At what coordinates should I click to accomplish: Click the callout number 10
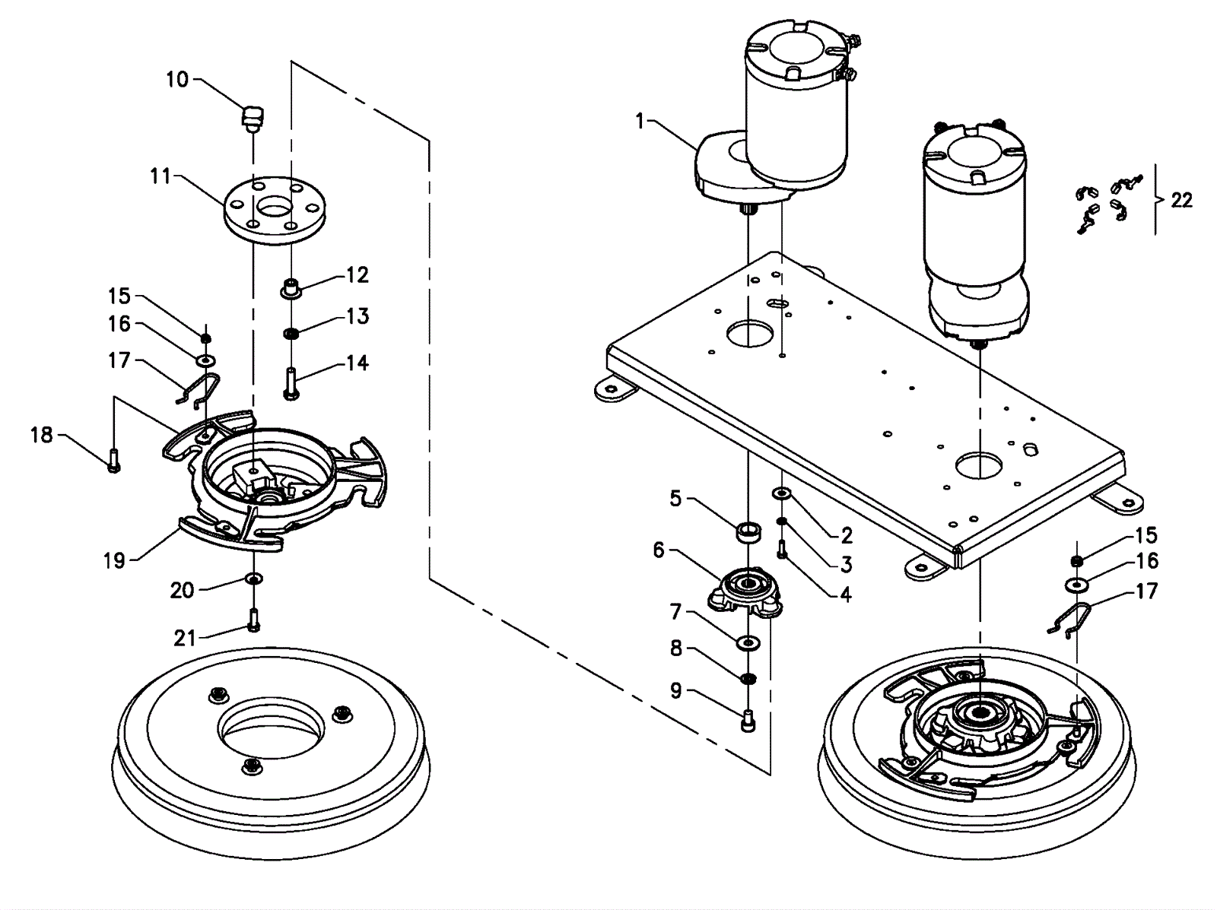pos(176,79)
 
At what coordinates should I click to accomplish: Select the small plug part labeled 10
pos(252,119)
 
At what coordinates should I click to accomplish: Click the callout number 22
pos(1181,201)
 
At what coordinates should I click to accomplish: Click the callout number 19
pos(114,561)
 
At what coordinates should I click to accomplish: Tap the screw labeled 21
pos(253,620)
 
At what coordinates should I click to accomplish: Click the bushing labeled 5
pos(748,530)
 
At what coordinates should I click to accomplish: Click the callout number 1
pos(640,121)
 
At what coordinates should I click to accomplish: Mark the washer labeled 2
pos(781,495)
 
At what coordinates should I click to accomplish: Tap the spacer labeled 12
pos(291,289)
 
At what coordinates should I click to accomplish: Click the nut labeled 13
pos(291,333)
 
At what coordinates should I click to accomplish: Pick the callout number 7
pos(676,610)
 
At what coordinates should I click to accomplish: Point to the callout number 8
pos(676,648)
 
